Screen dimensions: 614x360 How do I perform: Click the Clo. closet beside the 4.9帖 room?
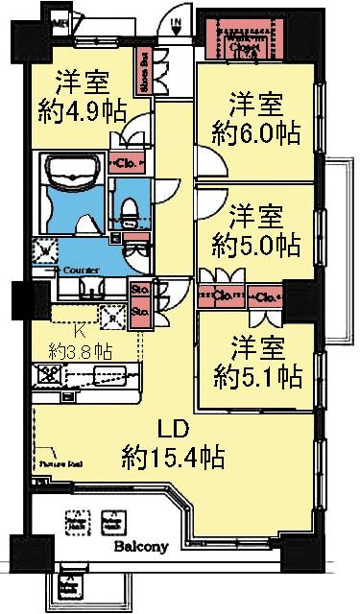[127, 162]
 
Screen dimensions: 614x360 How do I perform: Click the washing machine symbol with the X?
[44, 253]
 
